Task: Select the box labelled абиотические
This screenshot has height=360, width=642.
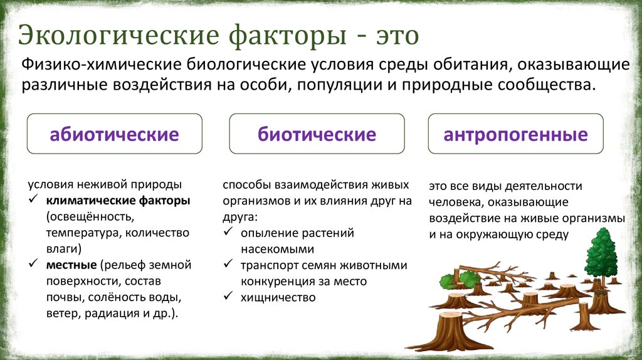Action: (114, 134)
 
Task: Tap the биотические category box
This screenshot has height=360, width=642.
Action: (317, 134)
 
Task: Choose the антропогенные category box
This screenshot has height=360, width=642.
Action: (515, 134)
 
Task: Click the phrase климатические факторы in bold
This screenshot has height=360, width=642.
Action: (117, 201)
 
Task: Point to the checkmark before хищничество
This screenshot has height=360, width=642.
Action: (228, 297)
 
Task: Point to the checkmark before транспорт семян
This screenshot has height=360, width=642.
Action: (228, 265)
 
